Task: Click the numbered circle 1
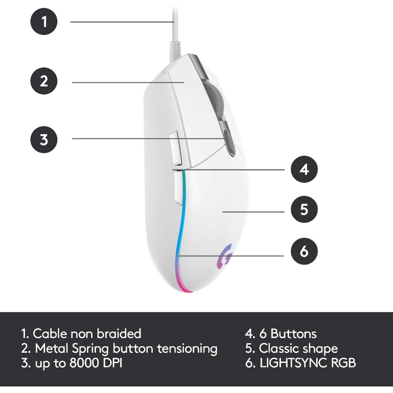(44, 22)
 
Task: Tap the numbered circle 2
(44, 82)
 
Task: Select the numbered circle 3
(44, 139)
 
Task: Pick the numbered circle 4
(304, 169)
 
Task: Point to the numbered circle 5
(304, 210)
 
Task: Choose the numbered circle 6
(304, 252)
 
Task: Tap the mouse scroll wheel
(216, 101)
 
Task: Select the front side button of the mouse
(176, 147)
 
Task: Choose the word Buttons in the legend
(294, 334)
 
